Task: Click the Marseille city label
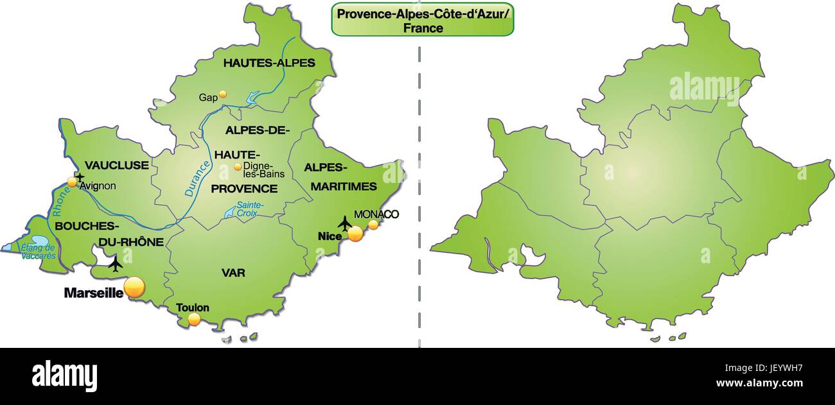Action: pos(93,293)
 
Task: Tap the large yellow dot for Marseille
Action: pos(135,288)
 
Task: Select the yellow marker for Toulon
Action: pos(194,319)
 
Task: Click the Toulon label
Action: pos(193,307)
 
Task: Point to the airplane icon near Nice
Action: pos(345,223)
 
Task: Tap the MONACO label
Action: pos(376,214)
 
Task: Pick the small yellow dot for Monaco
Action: pos(373,225)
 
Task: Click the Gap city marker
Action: pos(223,94)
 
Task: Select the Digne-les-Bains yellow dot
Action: pos(238,168)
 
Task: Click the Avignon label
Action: pos(98,186)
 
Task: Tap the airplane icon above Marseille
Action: pos(116,263)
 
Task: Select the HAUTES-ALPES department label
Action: pos(269,63)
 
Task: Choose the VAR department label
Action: pos(233,273)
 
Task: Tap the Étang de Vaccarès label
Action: pos(39,252)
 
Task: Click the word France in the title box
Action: pos(423,28)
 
